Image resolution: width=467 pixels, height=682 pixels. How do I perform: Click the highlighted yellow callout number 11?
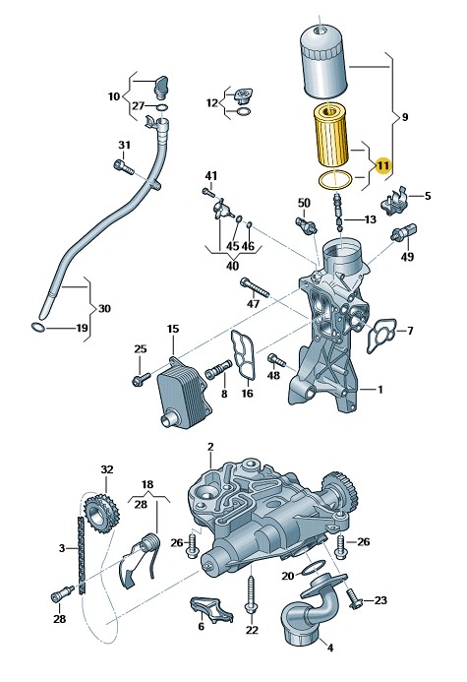coord(382,165)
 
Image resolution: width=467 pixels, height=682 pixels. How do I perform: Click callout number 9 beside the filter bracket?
coord(404,117)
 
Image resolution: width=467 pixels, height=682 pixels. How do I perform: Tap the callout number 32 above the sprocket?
coord(107,469)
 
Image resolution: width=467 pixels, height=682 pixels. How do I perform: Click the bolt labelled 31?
coord(123,167)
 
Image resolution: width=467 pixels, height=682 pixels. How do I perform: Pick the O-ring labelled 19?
coord(37,327)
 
